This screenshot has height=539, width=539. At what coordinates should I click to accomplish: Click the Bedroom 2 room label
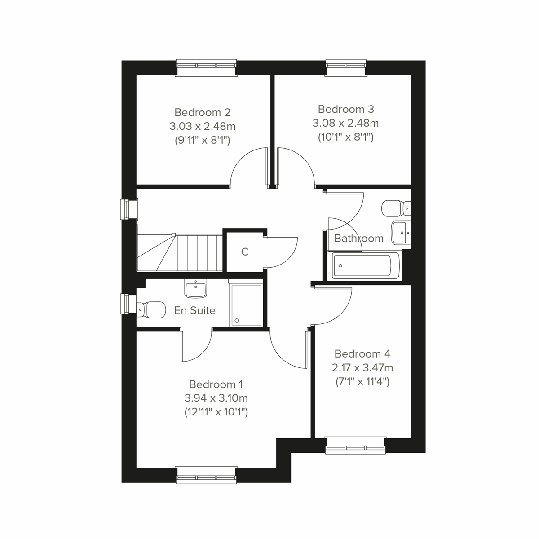click(x=202, y=112)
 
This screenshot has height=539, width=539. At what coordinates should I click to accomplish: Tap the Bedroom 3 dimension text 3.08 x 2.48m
click(x=345, y=123)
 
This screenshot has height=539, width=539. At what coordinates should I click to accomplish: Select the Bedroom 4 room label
click(x=362, y=353)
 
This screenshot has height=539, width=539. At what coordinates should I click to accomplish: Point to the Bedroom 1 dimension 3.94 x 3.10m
click(x=216, y=398)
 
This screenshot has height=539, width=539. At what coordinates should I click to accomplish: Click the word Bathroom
click(x=359, y=239)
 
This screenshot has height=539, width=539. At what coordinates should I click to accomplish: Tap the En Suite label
click(x=194, y=310)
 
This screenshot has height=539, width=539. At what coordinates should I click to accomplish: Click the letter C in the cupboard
click(x=245, y=252)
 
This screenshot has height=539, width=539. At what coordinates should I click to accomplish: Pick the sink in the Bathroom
click(x=401, y=232)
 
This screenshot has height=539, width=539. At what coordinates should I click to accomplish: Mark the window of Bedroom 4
click(x=356, y=445)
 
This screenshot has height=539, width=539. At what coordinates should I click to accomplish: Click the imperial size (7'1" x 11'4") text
click(x=362, y=382)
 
